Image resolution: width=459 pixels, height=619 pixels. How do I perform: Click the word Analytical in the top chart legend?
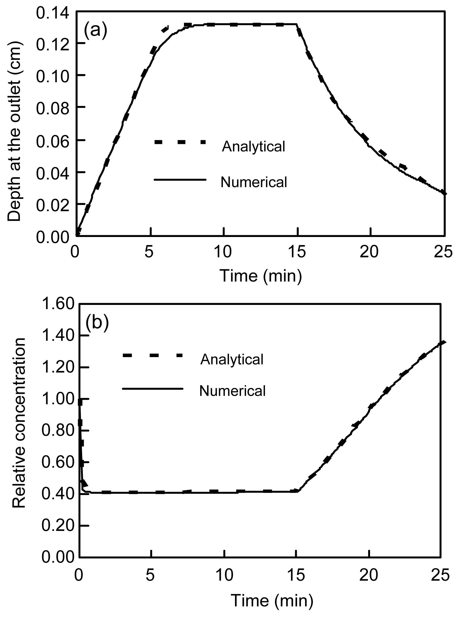253,147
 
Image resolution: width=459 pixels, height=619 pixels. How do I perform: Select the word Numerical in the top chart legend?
254,182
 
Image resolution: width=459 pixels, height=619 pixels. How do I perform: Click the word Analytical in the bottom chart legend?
232,359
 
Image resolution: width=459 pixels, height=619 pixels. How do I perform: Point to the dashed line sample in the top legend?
180,142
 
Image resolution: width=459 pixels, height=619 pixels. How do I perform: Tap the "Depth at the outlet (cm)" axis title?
15,131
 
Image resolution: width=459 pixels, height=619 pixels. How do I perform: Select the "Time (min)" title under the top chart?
261,276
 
